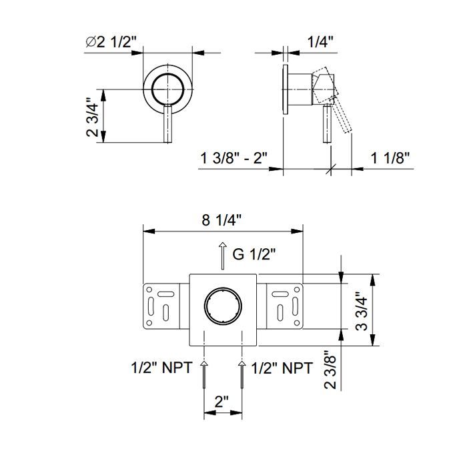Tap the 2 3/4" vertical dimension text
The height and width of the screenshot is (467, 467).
click(x=92, y=116)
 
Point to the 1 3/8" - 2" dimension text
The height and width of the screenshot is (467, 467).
click(x=234, y=157)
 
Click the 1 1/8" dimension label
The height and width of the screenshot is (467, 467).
click(x=390, y=157)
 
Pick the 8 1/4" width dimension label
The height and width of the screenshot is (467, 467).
click(x=221, y=220)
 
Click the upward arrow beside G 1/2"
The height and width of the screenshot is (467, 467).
click(x=222, y=256)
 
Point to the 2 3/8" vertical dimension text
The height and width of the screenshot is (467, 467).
click(x=330, y=370)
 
